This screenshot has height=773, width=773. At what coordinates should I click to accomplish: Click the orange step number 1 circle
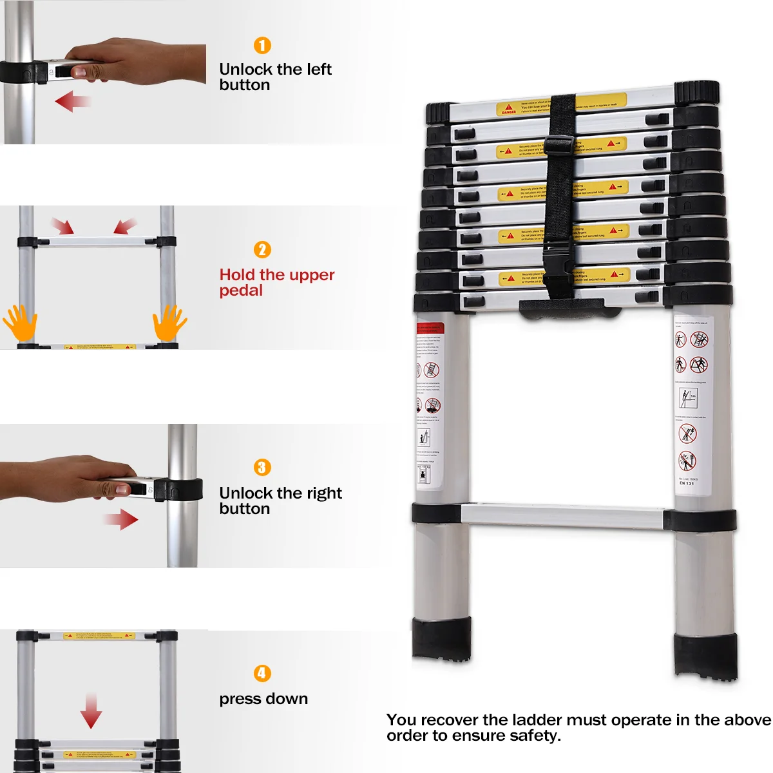[x=262, y=46]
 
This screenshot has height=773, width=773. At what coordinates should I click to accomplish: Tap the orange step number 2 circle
[x=262, y=250]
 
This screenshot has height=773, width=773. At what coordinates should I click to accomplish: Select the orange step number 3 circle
[x=262, y=468]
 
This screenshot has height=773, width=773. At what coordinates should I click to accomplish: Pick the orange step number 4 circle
[x=262, y=674]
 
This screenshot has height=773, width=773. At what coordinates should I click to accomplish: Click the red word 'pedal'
[x=241, y=291]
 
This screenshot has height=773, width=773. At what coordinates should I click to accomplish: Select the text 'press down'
[x=263, y=699]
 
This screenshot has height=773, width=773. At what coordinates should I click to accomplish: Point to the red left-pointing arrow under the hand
[x=72, y=101]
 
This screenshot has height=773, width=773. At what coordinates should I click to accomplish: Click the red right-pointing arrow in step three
[x=121, y=519]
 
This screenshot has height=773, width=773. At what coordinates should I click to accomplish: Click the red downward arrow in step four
[x=91, y=711]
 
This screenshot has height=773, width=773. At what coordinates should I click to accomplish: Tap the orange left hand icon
[x=20, y=323]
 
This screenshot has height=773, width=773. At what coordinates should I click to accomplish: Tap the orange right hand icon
[x=169, y=323]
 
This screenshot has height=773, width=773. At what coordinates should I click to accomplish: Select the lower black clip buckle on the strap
[x=555, y=258]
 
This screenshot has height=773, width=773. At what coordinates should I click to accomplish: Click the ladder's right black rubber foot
[x=705, y=656]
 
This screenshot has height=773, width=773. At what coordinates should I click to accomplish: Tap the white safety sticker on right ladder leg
[x=694, y=403]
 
